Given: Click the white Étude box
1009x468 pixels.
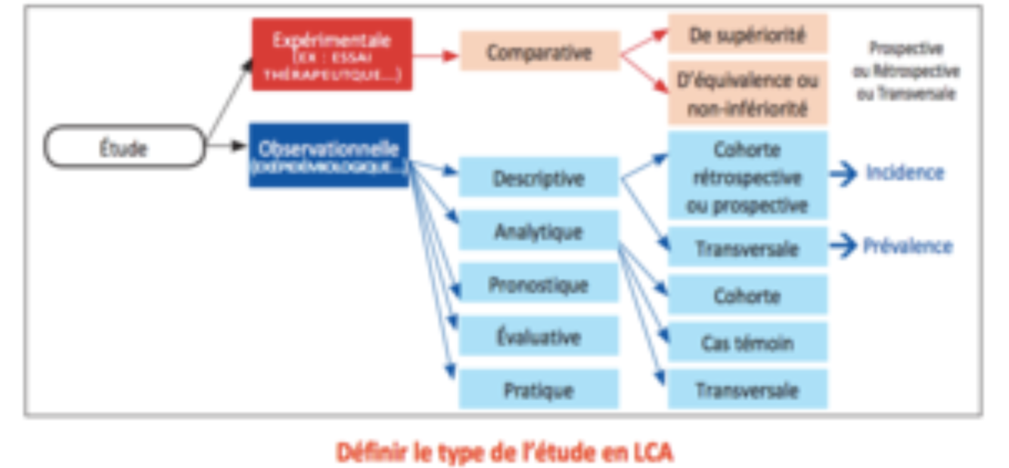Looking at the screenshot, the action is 124,147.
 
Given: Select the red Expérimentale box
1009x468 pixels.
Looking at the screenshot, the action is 331,54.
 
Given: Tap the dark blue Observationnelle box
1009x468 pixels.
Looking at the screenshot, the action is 329,155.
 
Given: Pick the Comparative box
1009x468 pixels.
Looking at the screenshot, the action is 539,52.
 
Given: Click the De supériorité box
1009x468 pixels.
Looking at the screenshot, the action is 747,35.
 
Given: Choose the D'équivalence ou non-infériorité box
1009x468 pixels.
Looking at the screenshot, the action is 747,94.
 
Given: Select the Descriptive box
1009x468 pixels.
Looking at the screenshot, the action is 539,178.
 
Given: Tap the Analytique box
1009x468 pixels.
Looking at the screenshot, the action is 539,231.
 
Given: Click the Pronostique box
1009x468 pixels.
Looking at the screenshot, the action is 539,284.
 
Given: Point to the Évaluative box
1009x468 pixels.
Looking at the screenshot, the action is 539,337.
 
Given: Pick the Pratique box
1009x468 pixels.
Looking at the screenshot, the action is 539,390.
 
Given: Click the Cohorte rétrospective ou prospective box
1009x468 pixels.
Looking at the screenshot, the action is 747,177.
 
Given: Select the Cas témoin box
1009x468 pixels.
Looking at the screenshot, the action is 747,342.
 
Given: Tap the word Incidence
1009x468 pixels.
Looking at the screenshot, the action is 905,173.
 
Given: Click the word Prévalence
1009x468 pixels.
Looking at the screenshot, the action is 908,246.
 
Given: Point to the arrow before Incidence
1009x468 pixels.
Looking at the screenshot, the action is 843,174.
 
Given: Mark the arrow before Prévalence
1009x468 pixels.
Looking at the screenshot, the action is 843,246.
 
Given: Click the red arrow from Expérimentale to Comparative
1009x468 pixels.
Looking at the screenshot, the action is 436,55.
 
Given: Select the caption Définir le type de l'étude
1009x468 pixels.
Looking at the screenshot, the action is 504,452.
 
